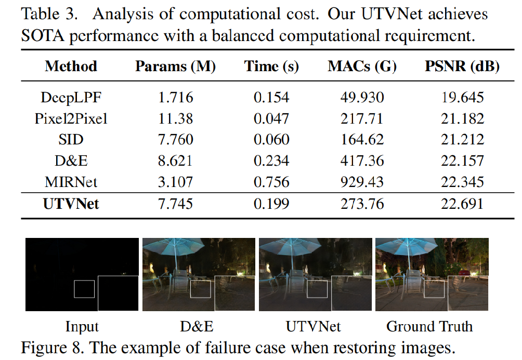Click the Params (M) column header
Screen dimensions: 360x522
[175, 66]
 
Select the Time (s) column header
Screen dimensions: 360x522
[271, 66]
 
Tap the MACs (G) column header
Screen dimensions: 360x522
[362, 66]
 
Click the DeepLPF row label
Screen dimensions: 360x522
[71, 97]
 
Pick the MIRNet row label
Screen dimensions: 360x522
[71, 182]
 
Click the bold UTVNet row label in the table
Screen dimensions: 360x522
[71, 203]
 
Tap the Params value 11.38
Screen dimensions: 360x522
[175, 118]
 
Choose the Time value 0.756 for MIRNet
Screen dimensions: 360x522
[271, 182]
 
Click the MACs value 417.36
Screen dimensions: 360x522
[362, 161]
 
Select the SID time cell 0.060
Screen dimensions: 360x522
[271, 140]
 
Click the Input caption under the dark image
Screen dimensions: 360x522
[82, 326]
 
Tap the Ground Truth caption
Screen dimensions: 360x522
[429, 326]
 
